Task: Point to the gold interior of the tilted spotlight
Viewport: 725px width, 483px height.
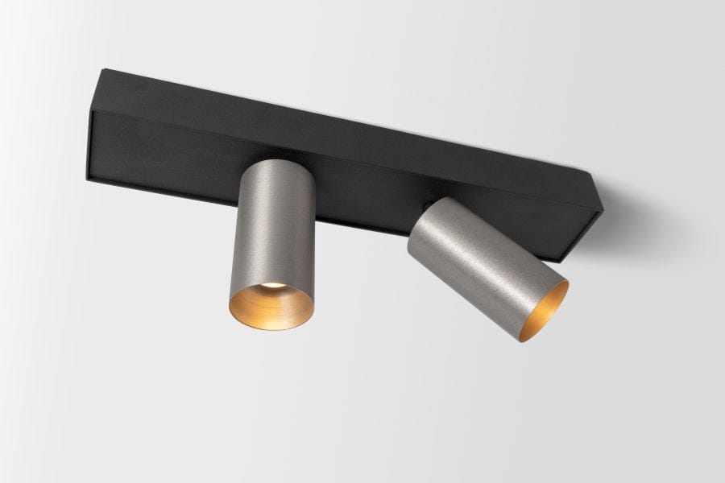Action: (549, 311)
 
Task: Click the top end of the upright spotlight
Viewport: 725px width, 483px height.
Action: (275, 163)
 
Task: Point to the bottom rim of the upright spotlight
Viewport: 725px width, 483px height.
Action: (271, 327)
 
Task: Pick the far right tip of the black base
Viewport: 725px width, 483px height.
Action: (602, 208)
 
